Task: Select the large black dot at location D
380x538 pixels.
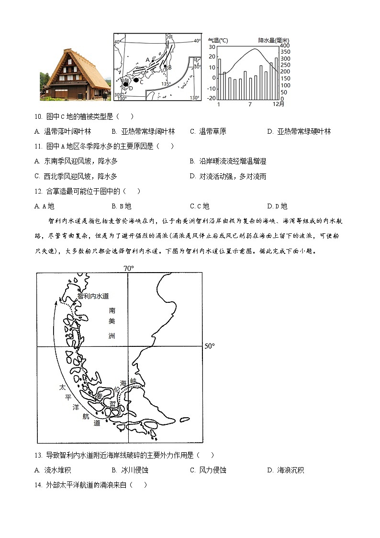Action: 125,84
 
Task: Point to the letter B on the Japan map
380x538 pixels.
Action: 169,68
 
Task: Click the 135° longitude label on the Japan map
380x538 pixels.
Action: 166,84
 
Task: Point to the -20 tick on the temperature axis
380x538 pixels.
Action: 212,98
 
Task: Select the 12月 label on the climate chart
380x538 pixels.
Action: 278,104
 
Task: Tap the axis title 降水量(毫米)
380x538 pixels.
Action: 273,40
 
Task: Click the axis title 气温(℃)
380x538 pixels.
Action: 218,40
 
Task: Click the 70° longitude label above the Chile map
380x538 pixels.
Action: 128,268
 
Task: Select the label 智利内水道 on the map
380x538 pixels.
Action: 93,296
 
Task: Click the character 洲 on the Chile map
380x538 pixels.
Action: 112,336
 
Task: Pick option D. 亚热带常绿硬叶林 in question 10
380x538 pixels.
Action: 299,131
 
